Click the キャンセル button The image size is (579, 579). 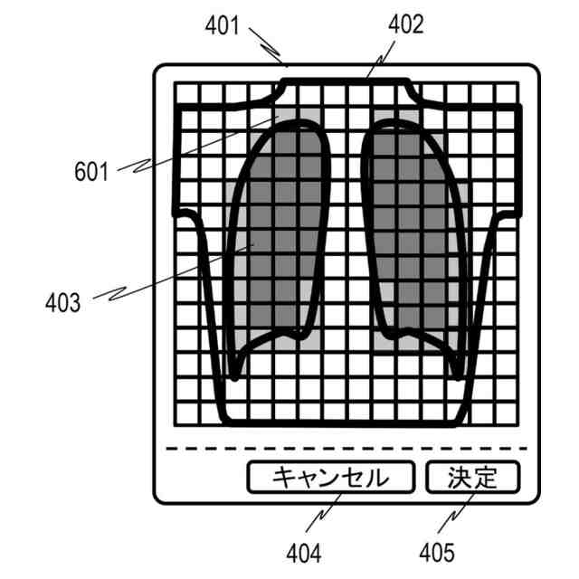(x=330, y=477)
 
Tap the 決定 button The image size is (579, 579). (x=472, y=477)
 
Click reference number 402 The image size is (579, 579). (x=407, y=24)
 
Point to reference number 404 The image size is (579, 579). (x=305, y=551)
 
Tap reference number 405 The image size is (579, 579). (x=437, y=551)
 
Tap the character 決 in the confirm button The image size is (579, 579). (x=460, y=477)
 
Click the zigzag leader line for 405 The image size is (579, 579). (x=452, y=516)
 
